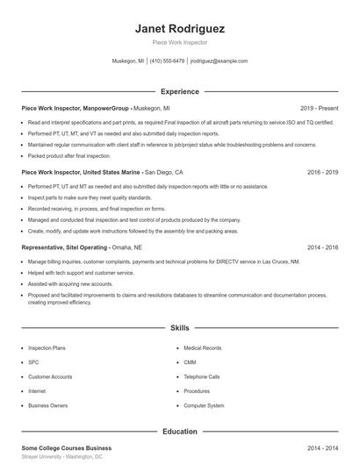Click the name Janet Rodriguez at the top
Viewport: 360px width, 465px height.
[x=180, y=28]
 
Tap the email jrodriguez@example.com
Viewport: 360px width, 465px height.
[x=219, y=61]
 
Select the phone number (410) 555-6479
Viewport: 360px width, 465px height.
[x=167, y=61]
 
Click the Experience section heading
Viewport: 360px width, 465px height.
[x=180, y=91]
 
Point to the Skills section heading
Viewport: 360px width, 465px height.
[x=180, y=328]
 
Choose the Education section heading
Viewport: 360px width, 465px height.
[x=180, y=432]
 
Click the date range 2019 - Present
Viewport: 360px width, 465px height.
[x=319, y=108]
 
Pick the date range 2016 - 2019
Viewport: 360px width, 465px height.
[x=322, y=173]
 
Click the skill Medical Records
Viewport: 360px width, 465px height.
[x=202, y=348]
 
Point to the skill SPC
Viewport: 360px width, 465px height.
[x=33, y=362]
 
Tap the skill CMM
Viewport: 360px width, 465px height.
[x=190, y=362]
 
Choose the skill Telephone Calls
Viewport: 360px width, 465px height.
[x=202, y=376]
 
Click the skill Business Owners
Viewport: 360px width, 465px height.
[x=47, y=405]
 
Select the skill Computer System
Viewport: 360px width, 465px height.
[x=204, y=405]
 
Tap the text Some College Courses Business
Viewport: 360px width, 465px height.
[x=67, y=448]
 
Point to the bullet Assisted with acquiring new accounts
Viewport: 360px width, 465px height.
[x=69, y=284]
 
